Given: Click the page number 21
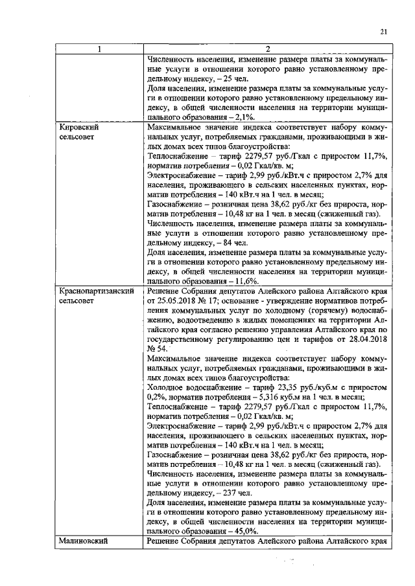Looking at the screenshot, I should (x=383, y=31).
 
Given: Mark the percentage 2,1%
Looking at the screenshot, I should (x=244, y=117).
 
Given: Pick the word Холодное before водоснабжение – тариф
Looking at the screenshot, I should (x=168, y=387).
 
